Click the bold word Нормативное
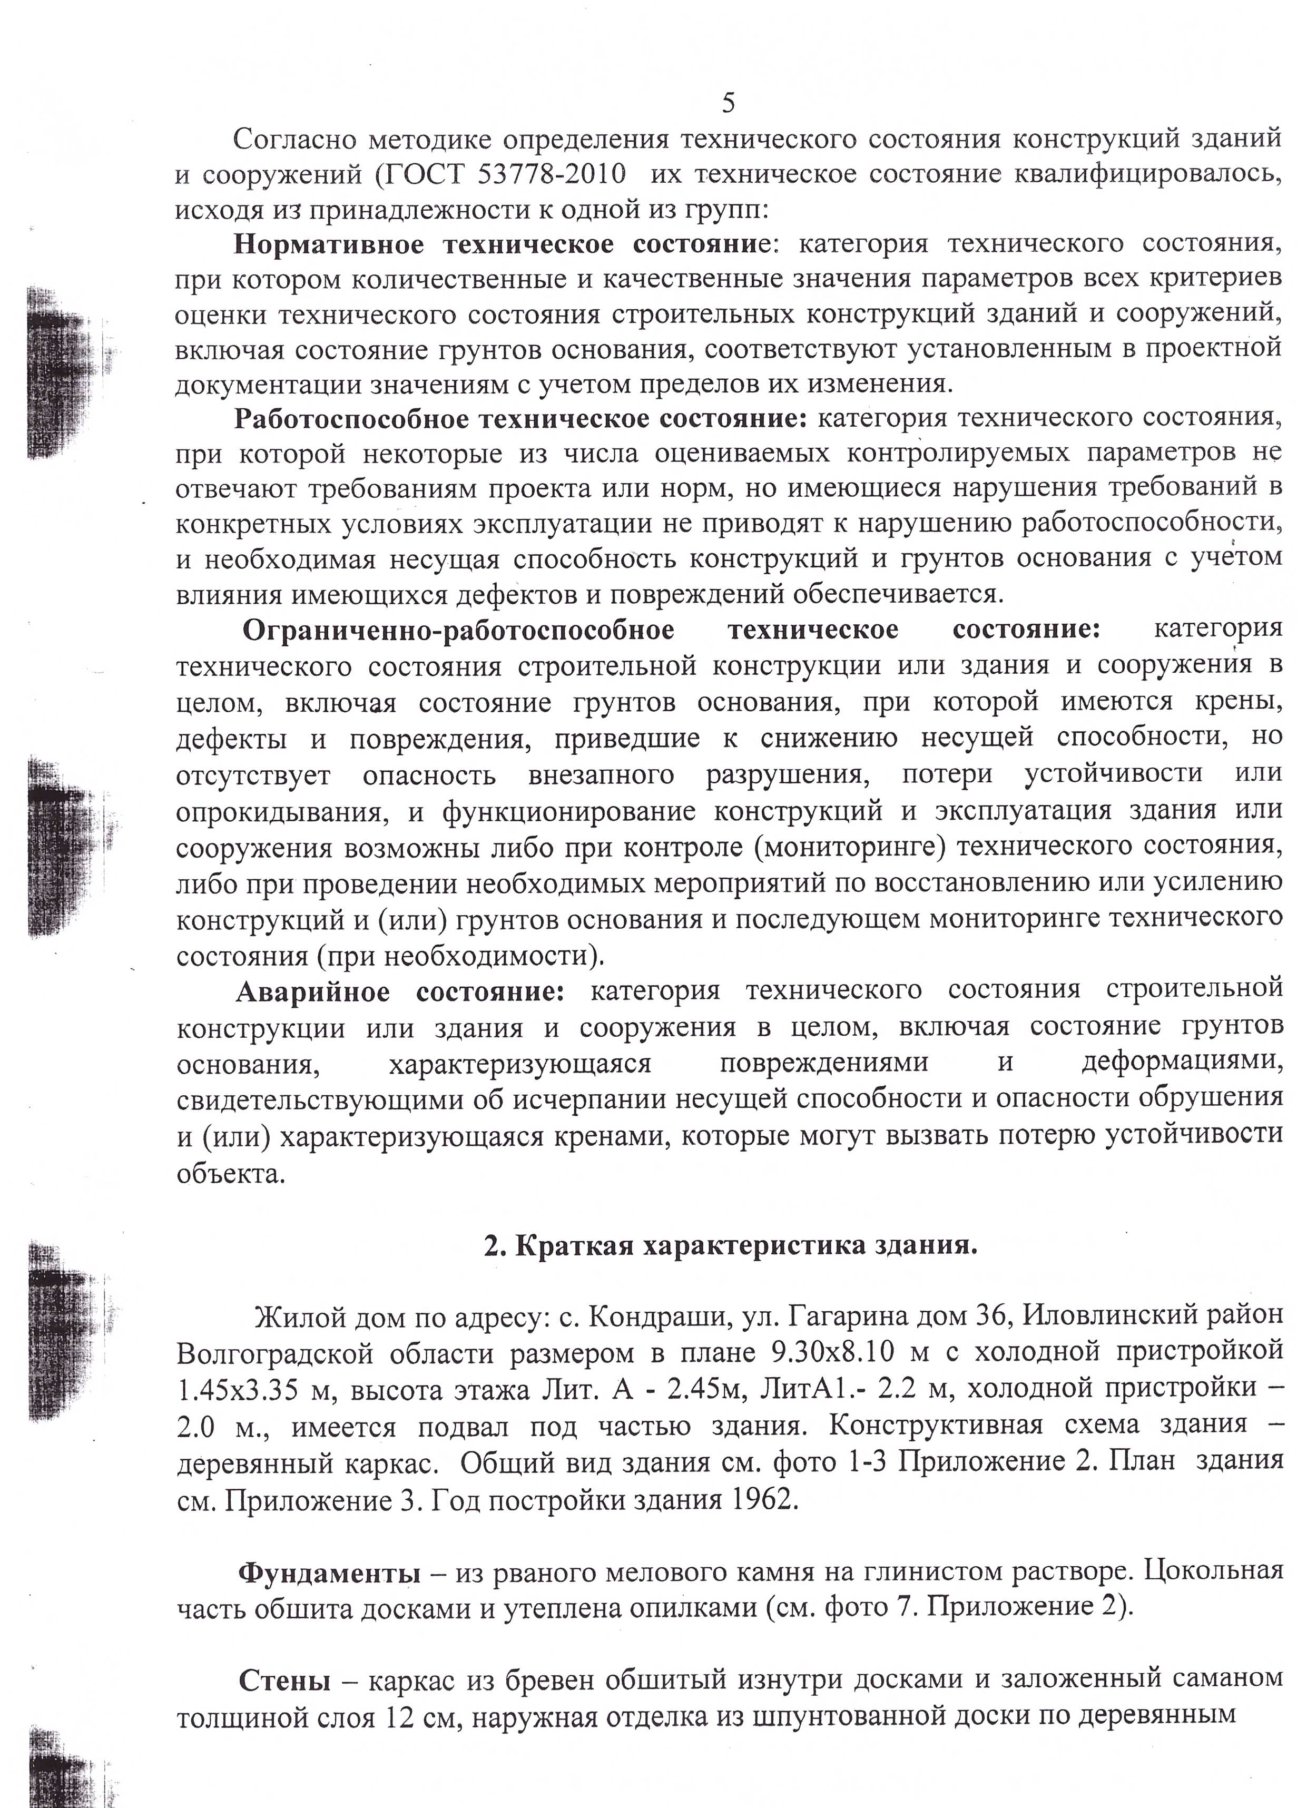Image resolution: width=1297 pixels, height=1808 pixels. pos(328,244)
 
